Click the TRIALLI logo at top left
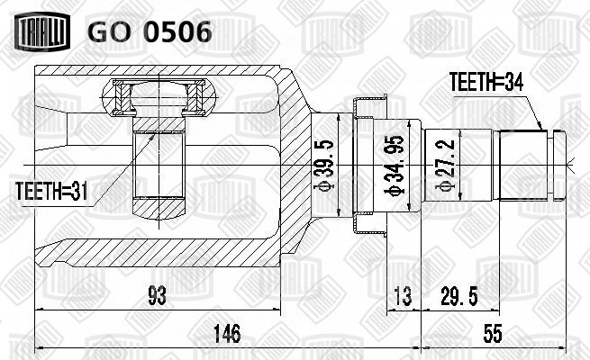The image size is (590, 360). (42, 31)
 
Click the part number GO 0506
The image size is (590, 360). (150, 31)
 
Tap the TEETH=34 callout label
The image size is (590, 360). (486, 82)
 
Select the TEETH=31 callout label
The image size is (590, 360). (51, 192)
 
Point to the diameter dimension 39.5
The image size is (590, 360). (323, 165)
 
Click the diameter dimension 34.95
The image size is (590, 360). (394, 165)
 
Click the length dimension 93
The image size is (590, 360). (157, 295)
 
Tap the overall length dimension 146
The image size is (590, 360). (226, 333)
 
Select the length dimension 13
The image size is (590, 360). (403, 295)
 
